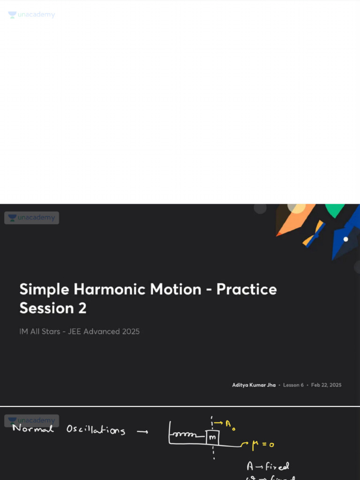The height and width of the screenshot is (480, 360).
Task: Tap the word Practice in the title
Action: tap(247, 289)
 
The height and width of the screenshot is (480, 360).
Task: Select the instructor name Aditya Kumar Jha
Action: tap(254, 385)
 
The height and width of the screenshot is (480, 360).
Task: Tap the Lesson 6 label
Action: tap(293, 385)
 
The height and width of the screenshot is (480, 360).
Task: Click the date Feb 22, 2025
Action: tap(326, 385)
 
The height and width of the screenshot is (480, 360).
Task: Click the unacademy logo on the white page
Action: tap(31, 15)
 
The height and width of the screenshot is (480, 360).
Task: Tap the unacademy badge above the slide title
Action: tap(31, 217)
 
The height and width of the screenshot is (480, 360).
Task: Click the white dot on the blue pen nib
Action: tap(345, 239)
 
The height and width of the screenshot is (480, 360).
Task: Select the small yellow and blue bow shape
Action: tap(314, 233)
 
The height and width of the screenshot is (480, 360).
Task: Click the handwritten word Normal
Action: tap(33, 428)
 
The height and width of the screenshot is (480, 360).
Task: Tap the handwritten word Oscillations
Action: tap(96, 429)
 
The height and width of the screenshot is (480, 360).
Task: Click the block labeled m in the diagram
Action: tap(212, 437)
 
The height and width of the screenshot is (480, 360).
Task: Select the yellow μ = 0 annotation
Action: tap(263, 444)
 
